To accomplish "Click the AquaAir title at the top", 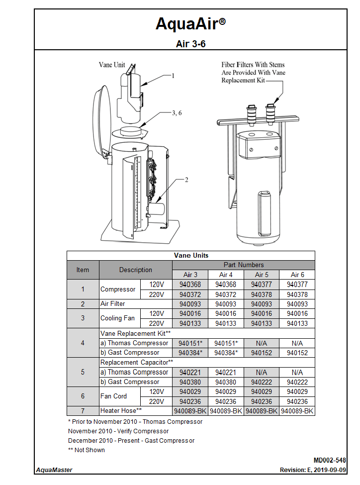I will pos(190,24).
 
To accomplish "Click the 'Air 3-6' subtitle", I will pos(190,44).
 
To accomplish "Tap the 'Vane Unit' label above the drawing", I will pos(112,65).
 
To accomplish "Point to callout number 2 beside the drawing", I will pos(186,180).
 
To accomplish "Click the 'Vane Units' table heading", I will pos(191,255).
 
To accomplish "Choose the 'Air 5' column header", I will pos(262,275).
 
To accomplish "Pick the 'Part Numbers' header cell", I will pos(244,265).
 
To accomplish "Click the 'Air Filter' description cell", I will pos(113,303).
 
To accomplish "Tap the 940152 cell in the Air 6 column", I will pos(297,353).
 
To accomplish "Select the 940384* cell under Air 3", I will pos(190,353).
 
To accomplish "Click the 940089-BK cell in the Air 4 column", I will pos(226,411).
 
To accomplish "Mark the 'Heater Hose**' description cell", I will pos(121,411).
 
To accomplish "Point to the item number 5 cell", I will pos(83,372).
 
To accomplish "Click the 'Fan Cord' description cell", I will pos(113,396).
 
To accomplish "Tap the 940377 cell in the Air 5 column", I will pos(262,285).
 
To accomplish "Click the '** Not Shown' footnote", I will pos(87,450).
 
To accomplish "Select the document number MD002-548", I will pos(330,461).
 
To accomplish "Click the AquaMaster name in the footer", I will pos(54,470).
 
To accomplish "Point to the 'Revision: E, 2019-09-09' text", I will pos(313,470).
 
